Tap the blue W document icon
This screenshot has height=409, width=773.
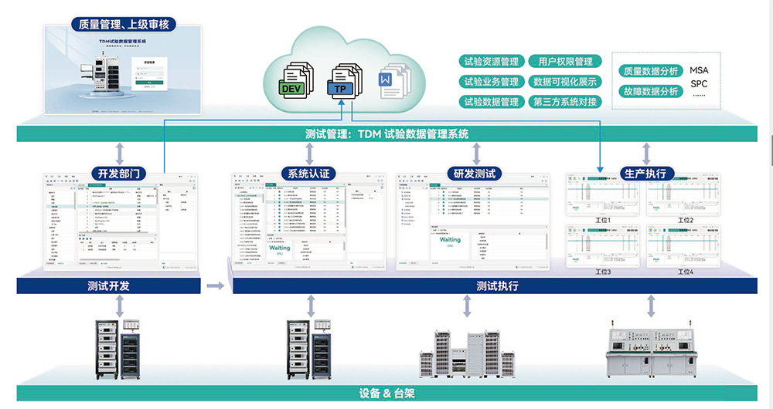(386, 82)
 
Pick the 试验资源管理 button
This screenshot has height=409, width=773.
(490, 62)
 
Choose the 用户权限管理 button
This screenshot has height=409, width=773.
(565, 62)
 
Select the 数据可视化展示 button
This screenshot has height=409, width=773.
(565, 82)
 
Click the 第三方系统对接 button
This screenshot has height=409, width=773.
(565, 102)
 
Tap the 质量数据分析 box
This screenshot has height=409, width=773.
(651, 71)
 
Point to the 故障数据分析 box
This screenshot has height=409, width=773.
(651, 91)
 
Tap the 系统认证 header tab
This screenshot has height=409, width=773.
(308, 173)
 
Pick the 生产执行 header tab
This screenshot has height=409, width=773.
(645, 173)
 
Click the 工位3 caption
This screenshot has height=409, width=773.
(604, 272)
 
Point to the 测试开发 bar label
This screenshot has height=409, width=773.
(108, 286)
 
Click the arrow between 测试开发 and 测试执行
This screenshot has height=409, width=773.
(216, 286)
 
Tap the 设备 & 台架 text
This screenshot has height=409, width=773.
(386, 393)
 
